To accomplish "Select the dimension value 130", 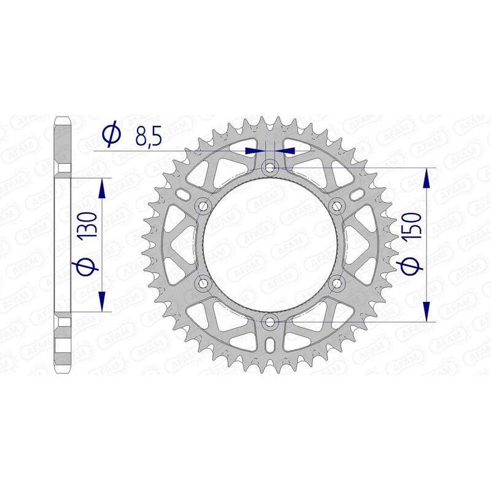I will click(x=87, y=225).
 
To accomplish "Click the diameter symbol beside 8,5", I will click(x=112, y=136).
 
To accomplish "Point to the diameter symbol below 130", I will click(x=87, y=265).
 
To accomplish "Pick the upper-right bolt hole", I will click(x=337, y=206).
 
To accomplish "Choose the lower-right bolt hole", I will click(x=337, y=282).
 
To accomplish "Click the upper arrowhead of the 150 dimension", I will click(x=427, y=177).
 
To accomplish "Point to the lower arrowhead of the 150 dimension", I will click(x=427, y=311).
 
